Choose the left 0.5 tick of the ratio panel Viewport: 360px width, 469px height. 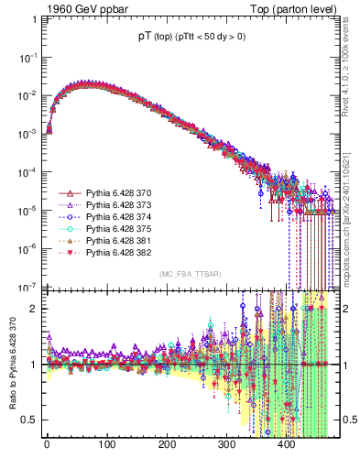tap(28, 420)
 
